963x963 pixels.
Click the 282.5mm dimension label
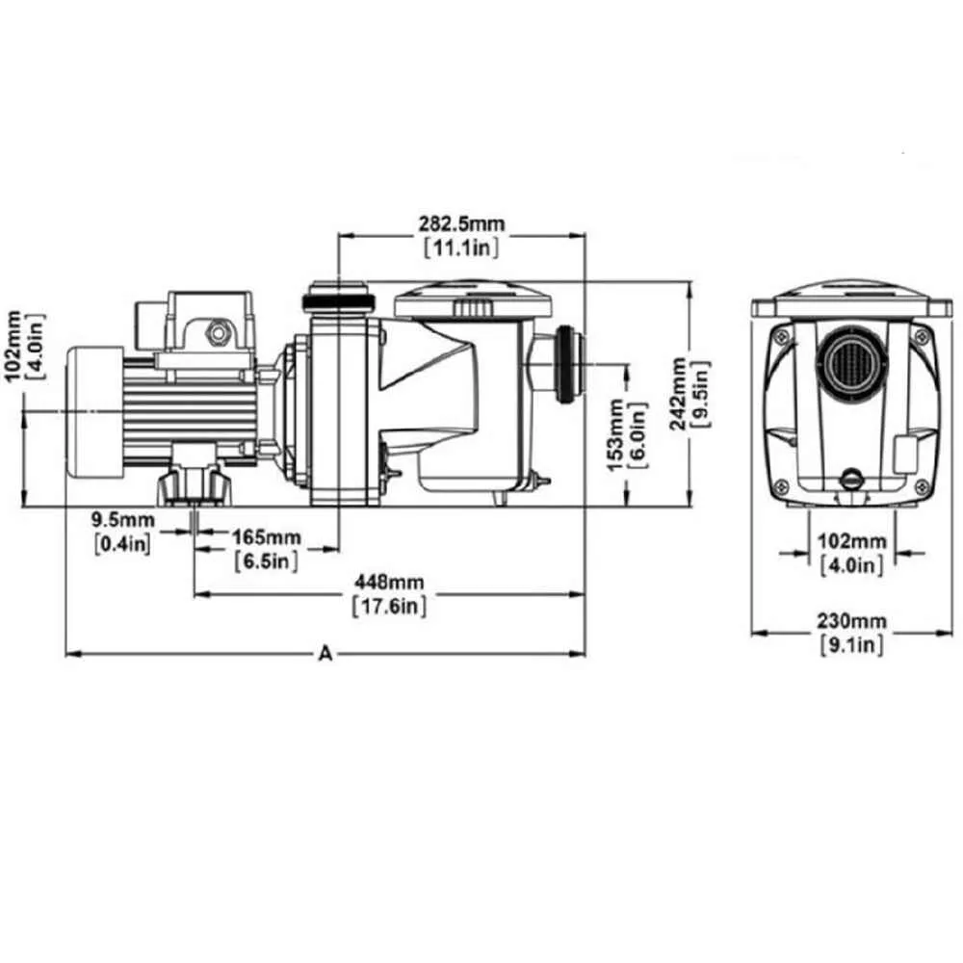(462, 223)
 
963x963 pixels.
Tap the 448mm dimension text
(389, 582)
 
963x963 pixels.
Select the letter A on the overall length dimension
(325, 654)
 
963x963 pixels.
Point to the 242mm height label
(678, 394)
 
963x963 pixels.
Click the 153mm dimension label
(615, 435)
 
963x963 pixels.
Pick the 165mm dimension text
(267, 537)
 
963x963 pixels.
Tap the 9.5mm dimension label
(123, 520)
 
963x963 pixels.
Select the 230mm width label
(851, 621)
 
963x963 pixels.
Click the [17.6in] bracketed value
(389, 606)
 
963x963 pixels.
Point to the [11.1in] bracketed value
(462, 247)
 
